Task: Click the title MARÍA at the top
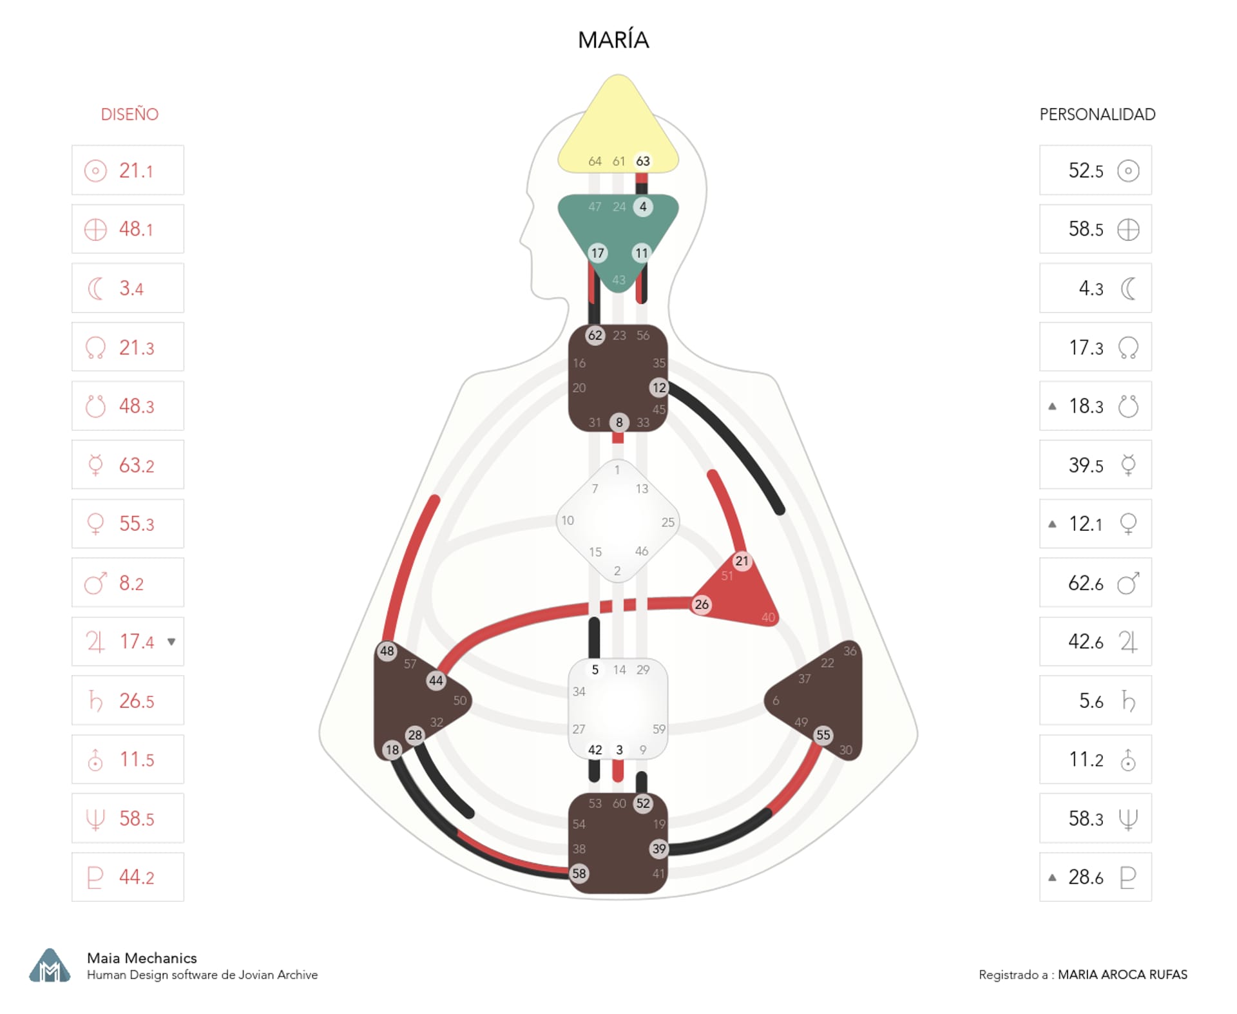613,40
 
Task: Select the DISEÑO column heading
129,115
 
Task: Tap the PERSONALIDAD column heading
1097,115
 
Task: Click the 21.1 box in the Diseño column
128,171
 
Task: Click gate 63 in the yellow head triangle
642,161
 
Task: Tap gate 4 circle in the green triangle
642,207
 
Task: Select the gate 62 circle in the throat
595,335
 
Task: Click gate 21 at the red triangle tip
742,560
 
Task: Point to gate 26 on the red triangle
702,604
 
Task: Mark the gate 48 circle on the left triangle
387,651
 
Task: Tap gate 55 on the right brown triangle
823,735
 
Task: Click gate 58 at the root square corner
579,874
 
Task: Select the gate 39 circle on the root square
658,849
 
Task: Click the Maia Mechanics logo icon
50,966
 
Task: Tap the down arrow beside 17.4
171,642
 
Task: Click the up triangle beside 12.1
1052,524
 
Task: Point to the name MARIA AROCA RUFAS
1122,975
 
